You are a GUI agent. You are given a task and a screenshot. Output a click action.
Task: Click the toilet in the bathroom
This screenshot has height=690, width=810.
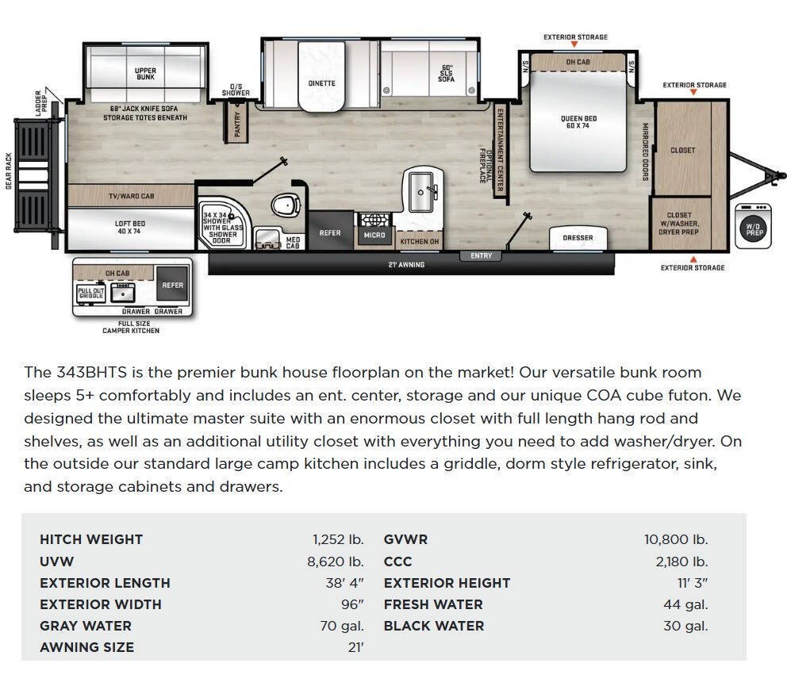coord(286,205)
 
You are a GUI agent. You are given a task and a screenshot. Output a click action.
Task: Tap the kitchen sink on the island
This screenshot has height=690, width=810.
coord(422,192)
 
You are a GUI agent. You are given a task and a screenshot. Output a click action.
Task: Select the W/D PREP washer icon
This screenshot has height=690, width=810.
coord(753,226)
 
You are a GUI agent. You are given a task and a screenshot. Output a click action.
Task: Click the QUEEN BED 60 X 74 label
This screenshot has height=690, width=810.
coord(578,122)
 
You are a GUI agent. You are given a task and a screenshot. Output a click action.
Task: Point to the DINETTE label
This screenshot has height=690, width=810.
coord(322,83)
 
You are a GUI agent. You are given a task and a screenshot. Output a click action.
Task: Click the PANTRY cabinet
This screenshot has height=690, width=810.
coord(237,124)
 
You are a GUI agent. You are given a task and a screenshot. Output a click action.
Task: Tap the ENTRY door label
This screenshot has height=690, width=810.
coord(481,255)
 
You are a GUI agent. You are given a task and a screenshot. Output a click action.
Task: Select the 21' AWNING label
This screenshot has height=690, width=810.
coord(406,264)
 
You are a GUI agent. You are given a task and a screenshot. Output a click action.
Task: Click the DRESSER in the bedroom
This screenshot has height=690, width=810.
coord(578,238)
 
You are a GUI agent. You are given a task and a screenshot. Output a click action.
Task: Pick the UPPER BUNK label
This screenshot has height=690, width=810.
coord(145,74)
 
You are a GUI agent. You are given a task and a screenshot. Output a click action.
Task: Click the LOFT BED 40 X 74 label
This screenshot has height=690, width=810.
coord(129,228)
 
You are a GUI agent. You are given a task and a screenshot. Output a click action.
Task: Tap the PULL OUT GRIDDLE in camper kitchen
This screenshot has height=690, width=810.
coord(91,293)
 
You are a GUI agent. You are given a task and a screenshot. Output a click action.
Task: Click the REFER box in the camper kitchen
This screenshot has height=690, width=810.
coord(172,284)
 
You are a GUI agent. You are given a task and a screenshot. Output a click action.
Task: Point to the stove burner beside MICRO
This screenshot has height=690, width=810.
coord(374,220)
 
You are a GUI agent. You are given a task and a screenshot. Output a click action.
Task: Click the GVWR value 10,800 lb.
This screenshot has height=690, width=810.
coord(676,540)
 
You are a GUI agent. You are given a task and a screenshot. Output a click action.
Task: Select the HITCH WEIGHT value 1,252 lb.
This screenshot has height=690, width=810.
coord(339,540)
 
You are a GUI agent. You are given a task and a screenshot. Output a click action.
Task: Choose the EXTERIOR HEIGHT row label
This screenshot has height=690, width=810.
coord(447,583)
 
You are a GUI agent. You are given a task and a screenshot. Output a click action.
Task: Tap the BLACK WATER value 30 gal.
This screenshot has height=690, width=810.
coord(685,626)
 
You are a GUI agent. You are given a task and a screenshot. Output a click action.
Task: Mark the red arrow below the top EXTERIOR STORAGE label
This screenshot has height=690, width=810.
coord(574,44)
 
